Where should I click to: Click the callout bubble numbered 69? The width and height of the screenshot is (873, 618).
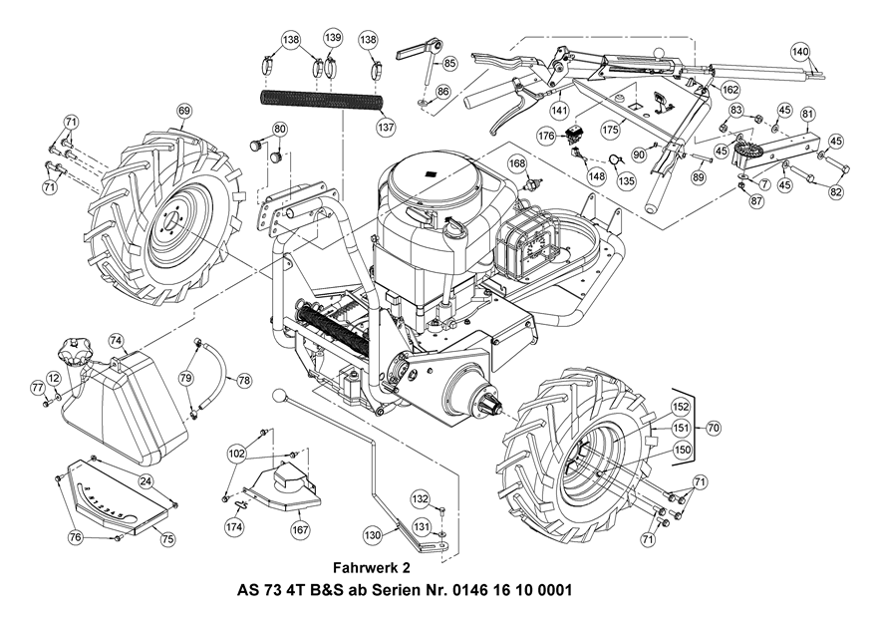pos(184,111)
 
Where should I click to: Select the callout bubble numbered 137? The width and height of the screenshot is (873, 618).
pos(386,127)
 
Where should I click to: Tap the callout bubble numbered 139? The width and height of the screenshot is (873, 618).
pos(333,39)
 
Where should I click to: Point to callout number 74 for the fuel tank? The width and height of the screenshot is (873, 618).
pos(116,340)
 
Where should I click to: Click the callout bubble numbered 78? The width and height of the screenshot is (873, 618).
pos(244,380)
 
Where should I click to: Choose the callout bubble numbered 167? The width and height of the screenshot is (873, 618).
pos(300,529)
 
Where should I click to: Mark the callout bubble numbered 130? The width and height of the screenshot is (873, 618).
pos(373,535)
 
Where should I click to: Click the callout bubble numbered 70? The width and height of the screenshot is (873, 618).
pos(714,429)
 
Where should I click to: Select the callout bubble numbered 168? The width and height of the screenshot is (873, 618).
pos(517,163)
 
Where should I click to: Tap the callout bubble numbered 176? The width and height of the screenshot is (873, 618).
pos(547,136)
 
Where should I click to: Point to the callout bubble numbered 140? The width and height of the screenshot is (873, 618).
pos(800,52)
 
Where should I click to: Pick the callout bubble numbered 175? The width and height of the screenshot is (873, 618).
pos(610,129)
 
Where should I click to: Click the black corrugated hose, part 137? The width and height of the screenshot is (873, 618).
pos(322,104)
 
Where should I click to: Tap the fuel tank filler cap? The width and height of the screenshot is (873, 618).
pos(72,351)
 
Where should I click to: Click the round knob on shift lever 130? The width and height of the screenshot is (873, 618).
pos(279,396)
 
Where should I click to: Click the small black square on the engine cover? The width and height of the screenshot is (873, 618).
pos(430,173)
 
